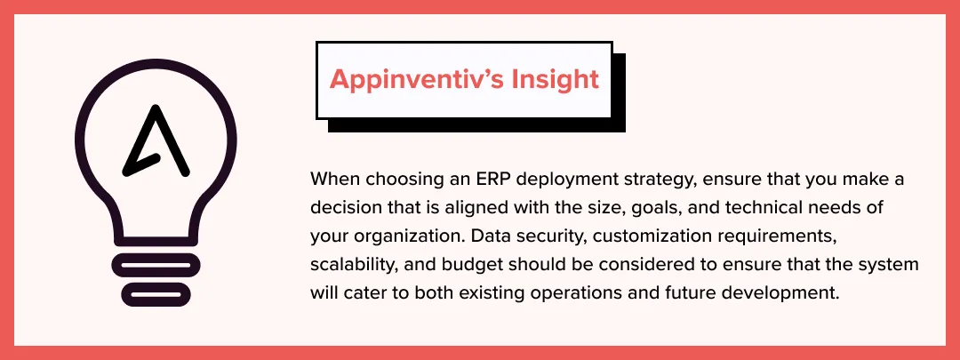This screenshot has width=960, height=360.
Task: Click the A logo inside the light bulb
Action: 156,141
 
